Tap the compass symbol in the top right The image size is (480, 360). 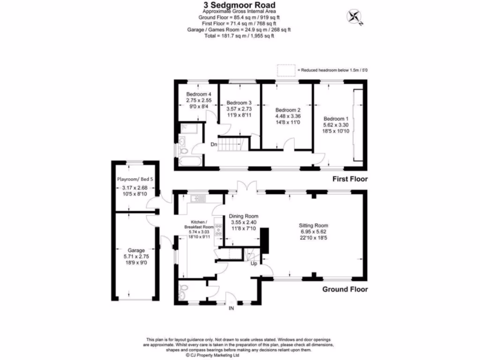pos(354,17)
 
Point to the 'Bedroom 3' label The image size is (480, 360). pos(239,103)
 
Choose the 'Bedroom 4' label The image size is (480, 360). pos(196,94)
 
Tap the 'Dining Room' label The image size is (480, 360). pos(243,216)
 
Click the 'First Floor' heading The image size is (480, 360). pos(350,179)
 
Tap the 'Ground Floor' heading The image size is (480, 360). pos(345,289)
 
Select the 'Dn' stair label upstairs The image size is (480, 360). pos(213,144)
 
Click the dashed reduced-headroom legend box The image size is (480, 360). pos(285,70)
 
